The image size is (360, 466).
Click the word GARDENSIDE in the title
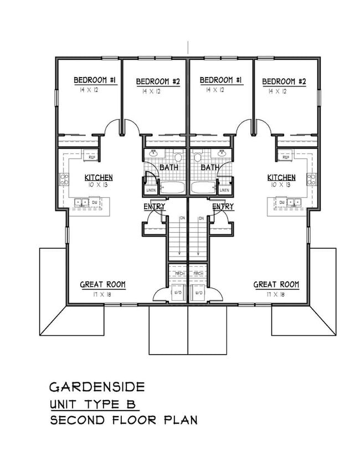click(90, 386)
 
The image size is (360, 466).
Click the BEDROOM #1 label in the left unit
click(95, 81)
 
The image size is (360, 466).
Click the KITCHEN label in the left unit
click(99, 177)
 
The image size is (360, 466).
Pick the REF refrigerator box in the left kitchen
click(91, 157)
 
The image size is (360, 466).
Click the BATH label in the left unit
click(168, 167)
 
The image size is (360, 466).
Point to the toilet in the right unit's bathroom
click(198, 157)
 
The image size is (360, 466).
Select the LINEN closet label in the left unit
click(151, 190)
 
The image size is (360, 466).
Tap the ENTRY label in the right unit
click(223, 207)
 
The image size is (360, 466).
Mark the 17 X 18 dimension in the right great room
click(276, 294)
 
